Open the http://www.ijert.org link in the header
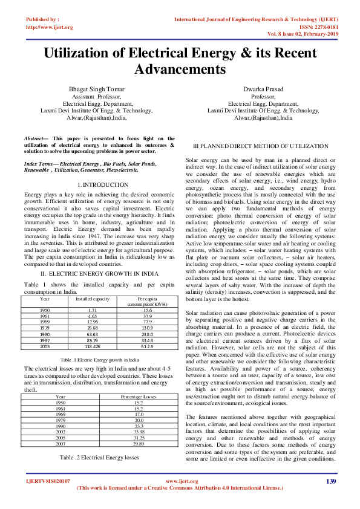(x=49, y=27)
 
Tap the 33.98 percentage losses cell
(x=139, y=432)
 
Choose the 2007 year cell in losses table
(x=61, y=444)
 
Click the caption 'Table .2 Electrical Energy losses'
(x=99, y=458)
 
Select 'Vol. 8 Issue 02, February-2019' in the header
(x=309, y=33)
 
